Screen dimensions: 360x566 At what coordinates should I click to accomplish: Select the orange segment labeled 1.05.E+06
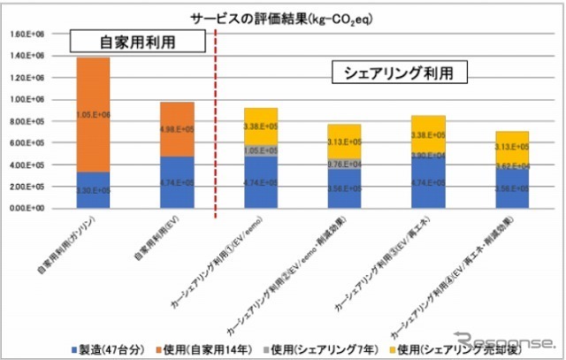[93, 115]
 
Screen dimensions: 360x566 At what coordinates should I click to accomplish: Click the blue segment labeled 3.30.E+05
[93, 190]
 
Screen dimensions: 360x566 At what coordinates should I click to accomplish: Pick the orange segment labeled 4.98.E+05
[177, 128]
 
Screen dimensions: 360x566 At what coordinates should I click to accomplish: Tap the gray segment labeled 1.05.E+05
[262, 150]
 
